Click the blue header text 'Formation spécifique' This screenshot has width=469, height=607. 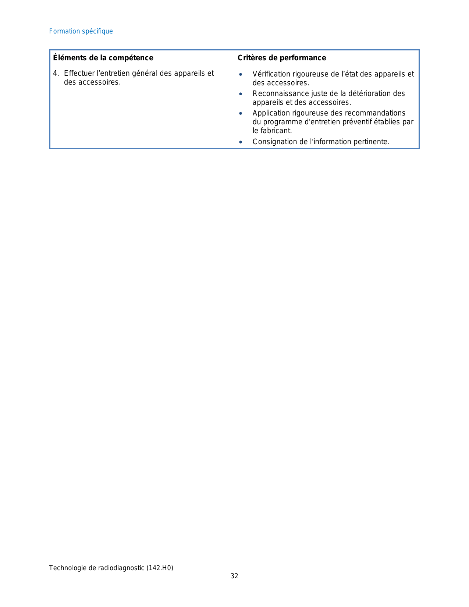(x=81, y=31)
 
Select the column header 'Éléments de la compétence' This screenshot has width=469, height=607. (x=103, y=58)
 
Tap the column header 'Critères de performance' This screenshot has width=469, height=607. (x=282, y=58)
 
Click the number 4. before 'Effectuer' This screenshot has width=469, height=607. (x=56, y=73)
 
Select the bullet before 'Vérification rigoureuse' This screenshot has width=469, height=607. (x=241, y=74)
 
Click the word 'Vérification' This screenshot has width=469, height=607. (x=271, y=74)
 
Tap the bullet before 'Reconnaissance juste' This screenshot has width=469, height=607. (x=241, y=94)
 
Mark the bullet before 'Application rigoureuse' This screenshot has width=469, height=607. (x=241, y=113)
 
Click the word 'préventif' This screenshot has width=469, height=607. (x=355, y=122)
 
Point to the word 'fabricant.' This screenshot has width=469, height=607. (x=276, y=131)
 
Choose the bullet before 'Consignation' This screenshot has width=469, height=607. (x=241, y=142)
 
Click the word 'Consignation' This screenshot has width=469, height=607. (x=274, y=142)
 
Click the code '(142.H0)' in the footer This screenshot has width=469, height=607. (x=160, y=568)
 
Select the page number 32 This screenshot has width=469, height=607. (x=234, y=576)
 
